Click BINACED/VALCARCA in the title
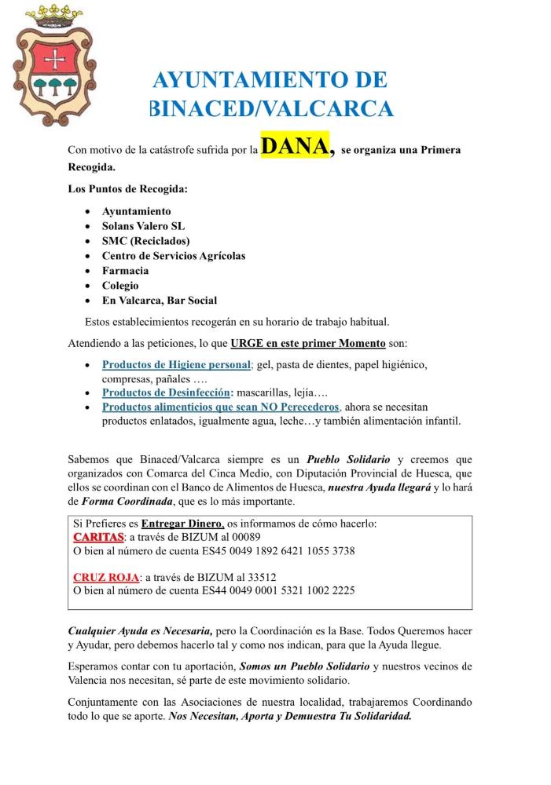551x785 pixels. click(271, 108)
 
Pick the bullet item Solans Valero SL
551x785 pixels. click(143, 226)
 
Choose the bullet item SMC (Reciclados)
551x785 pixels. click(145, 241)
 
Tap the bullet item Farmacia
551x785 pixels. click(125, 271)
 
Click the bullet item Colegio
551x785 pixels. click(120, 286)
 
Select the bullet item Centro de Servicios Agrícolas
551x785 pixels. click(174, 256)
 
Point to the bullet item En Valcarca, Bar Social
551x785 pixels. click(160, 301)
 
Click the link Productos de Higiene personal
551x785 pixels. click(176, 365)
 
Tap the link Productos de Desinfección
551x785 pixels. click(167, 392)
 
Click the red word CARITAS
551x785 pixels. click(98, 537)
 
